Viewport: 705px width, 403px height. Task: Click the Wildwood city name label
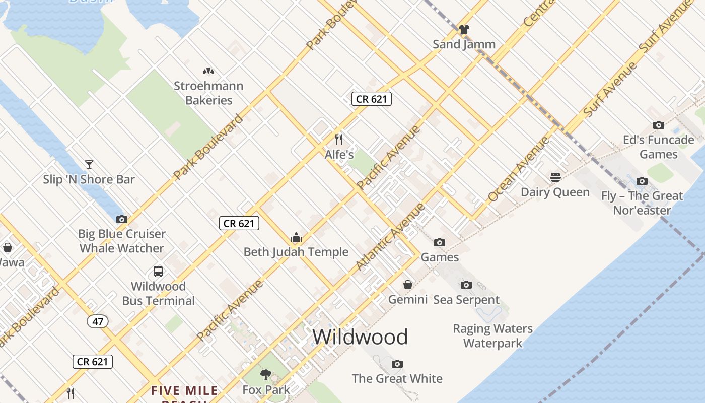click(360, 337)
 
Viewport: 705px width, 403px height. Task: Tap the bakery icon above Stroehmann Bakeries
click(208, 71)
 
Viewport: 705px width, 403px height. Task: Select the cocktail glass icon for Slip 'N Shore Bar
click(89, 164)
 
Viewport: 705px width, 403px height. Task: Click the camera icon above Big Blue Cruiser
click(121, 219)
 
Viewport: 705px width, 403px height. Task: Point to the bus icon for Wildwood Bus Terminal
click(158, 272)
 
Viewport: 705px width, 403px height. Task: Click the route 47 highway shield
click(98, 321)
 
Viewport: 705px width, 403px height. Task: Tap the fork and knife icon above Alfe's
click(339, 139)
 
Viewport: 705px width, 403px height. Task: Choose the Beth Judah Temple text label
click(296, 252)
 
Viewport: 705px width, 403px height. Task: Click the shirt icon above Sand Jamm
click(464, 29)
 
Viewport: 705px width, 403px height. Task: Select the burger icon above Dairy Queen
click(555, 177)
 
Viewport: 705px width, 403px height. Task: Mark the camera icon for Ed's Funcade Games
click(658, 125)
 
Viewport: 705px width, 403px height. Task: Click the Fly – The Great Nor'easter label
click(642, 203)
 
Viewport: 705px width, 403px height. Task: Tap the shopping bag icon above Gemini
click(408, 285)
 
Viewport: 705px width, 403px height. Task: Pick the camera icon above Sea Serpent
click(466, 285)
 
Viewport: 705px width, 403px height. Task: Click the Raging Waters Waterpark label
click(492, 336)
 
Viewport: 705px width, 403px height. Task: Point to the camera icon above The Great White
click(397, 364)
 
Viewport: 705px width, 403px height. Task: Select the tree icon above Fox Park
click(265, 374)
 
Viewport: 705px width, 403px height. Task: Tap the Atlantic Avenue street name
click(390, 236)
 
